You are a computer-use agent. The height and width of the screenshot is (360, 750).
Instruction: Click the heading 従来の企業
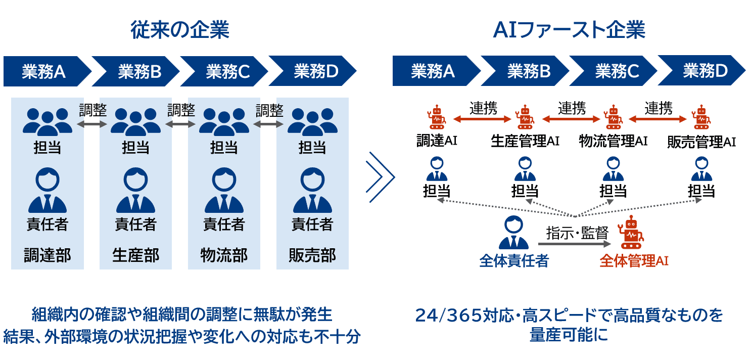180,30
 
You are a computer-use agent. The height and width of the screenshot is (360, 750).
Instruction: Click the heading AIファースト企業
569,30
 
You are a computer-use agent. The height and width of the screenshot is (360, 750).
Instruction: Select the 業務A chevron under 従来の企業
44,72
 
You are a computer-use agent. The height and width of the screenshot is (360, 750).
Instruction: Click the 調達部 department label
48,255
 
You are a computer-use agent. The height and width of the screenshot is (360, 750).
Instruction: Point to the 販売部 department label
312,255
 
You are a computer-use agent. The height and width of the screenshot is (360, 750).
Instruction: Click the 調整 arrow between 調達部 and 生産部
92,123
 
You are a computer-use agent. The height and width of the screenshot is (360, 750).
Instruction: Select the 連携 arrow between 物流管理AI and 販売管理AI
658,119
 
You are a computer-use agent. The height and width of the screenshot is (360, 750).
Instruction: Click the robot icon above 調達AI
437,117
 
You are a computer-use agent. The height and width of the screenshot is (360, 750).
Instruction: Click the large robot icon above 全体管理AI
631,233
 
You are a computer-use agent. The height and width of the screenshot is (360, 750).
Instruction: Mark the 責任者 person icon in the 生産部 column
135,191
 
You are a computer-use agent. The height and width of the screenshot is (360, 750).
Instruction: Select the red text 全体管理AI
634,261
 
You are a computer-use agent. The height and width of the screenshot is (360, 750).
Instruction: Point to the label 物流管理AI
613,141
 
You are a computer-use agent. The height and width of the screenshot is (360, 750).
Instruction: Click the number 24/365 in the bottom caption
440,316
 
